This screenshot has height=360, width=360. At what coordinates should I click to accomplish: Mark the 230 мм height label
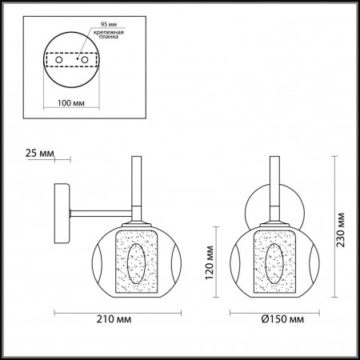point(341,227)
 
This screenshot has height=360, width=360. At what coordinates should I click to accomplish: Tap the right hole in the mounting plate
point(81,59)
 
